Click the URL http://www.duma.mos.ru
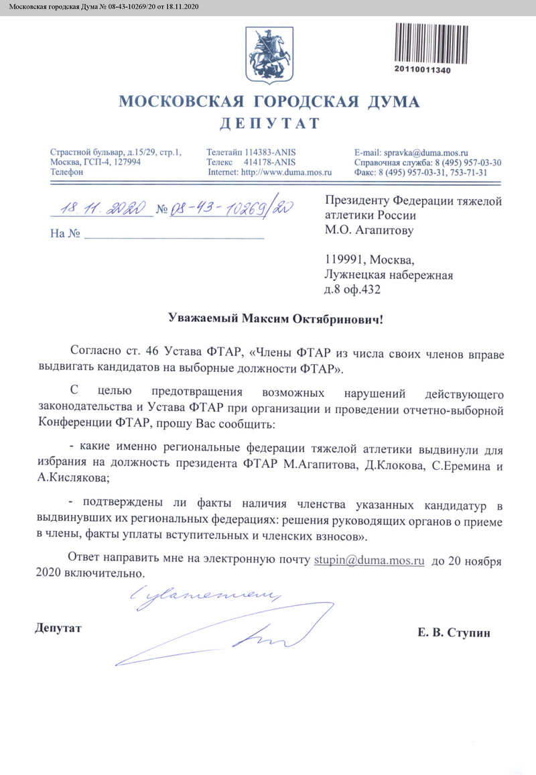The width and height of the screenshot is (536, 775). (286, 172)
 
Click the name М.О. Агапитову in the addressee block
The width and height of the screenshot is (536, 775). (369, 231)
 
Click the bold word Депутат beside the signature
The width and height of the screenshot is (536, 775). (58, 629)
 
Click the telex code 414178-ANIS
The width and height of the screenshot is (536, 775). (269, 162)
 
